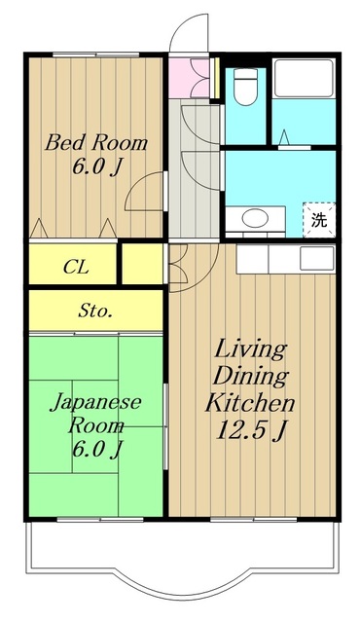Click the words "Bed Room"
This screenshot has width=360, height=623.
(96, 143)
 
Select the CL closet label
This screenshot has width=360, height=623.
(73, 266)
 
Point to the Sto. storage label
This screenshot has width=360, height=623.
(95, 311)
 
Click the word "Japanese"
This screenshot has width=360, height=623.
(95, 401)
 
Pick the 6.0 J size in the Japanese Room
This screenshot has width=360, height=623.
(95, 449)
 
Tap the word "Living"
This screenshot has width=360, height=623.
(250, 349)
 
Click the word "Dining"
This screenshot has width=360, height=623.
(250, 376)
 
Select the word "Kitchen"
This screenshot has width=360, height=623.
(250, 402)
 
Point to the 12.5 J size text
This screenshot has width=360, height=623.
(250, 429)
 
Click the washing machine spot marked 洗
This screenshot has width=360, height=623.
(319, 219)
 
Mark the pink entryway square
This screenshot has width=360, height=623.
(182, 78)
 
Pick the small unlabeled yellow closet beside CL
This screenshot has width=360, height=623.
(143, 264)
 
